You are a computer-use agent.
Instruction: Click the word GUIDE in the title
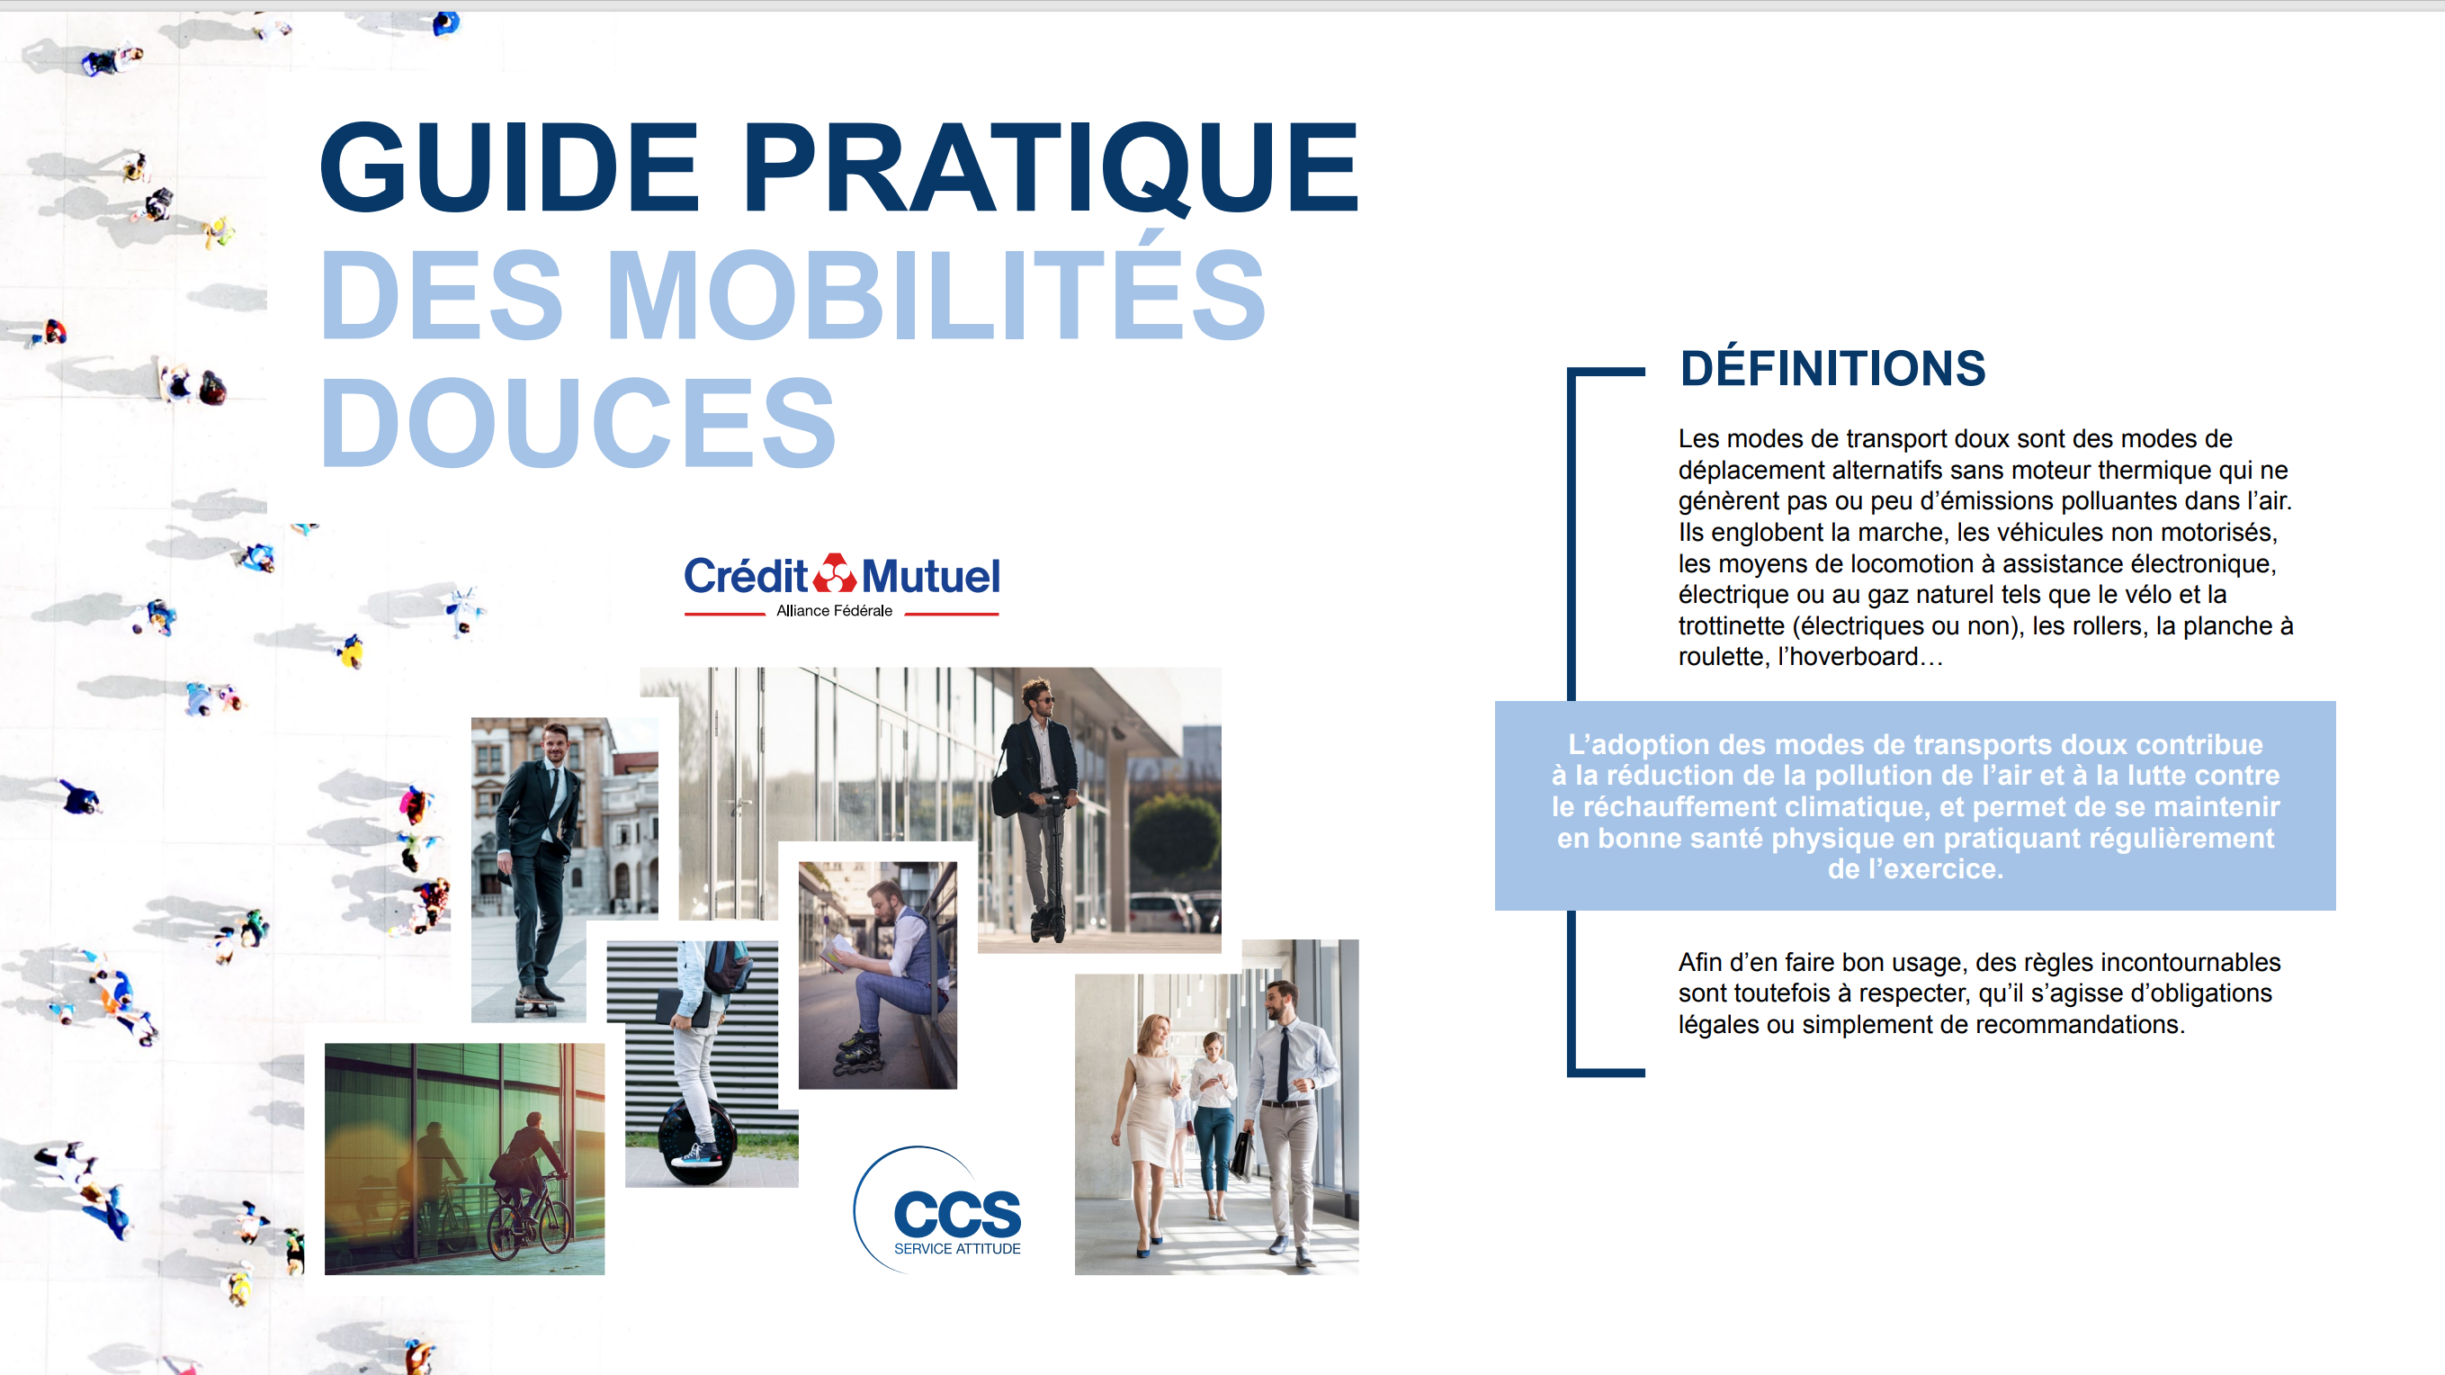[x=510, y=167]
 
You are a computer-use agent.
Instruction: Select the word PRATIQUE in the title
[x=1052, y=168]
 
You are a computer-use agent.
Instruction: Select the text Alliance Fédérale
[x=834, y=611]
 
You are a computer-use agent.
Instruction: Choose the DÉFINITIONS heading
[x=1832, y=368]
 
